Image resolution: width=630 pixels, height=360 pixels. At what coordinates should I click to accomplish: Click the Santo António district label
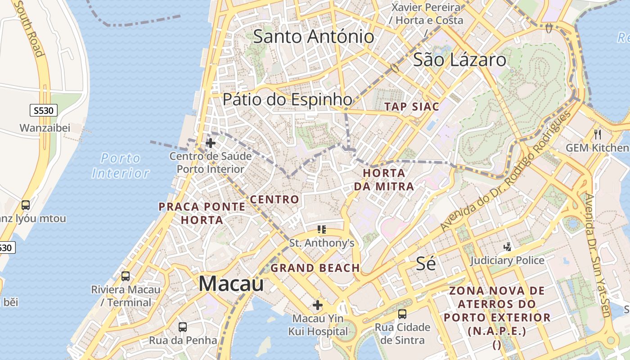[x=313, y=36]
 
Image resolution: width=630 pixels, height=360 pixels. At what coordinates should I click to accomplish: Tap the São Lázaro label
[x=459, y=60]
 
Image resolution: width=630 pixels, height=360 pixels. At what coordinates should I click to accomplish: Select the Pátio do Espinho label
[x=288, y=99]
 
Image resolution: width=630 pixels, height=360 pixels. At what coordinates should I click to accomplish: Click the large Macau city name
[x=231, y=283]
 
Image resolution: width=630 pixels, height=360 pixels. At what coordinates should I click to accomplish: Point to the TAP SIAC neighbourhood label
[x=412, y=107]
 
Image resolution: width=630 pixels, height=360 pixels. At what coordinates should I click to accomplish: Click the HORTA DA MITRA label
[x=384, y=180]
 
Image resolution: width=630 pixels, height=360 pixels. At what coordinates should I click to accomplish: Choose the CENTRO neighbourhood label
[x=274, y=199]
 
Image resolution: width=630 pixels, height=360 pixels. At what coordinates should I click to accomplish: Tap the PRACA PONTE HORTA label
[x=202, y=213]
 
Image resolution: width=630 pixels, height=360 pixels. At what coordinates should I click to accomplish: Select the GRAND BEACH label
[x=315, y=268]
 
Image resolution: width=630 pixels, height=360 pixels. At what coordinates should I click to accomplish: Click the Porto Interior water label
[x=121, y=166]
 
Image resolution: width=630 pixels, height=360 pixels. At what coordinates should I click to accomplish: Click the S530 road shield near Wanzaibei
[x=44, y=110]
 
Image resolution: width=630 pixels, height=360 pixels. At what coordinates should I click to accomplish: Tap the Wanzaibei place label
[x=45, y=128]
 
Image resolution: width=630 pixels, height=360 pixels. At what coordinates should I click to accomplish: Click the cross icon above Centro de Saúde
[x=211, y=144]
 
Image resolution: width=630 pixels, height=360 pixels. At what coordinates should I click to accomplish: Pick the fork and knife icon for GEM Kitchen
[x=598, y=134]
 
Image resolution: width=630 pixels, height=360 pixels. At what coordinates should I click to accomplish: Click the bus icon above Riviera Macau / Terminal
[x=126, y=276]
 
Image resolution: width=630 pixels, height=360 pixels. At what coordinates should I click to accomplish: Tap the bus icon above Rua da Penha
[x=183, y=327]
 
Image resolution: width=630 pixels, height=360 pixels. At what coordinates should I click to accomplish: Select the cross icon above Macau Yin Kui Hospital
[x=318, y=306]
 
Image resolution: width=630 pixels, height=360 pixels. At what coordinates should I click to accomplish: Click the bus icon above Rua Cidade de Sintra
[x=402, y=314]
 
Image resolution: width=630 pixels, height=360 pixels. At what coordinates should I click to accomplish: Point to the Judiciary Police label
[x=507, y=260]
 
